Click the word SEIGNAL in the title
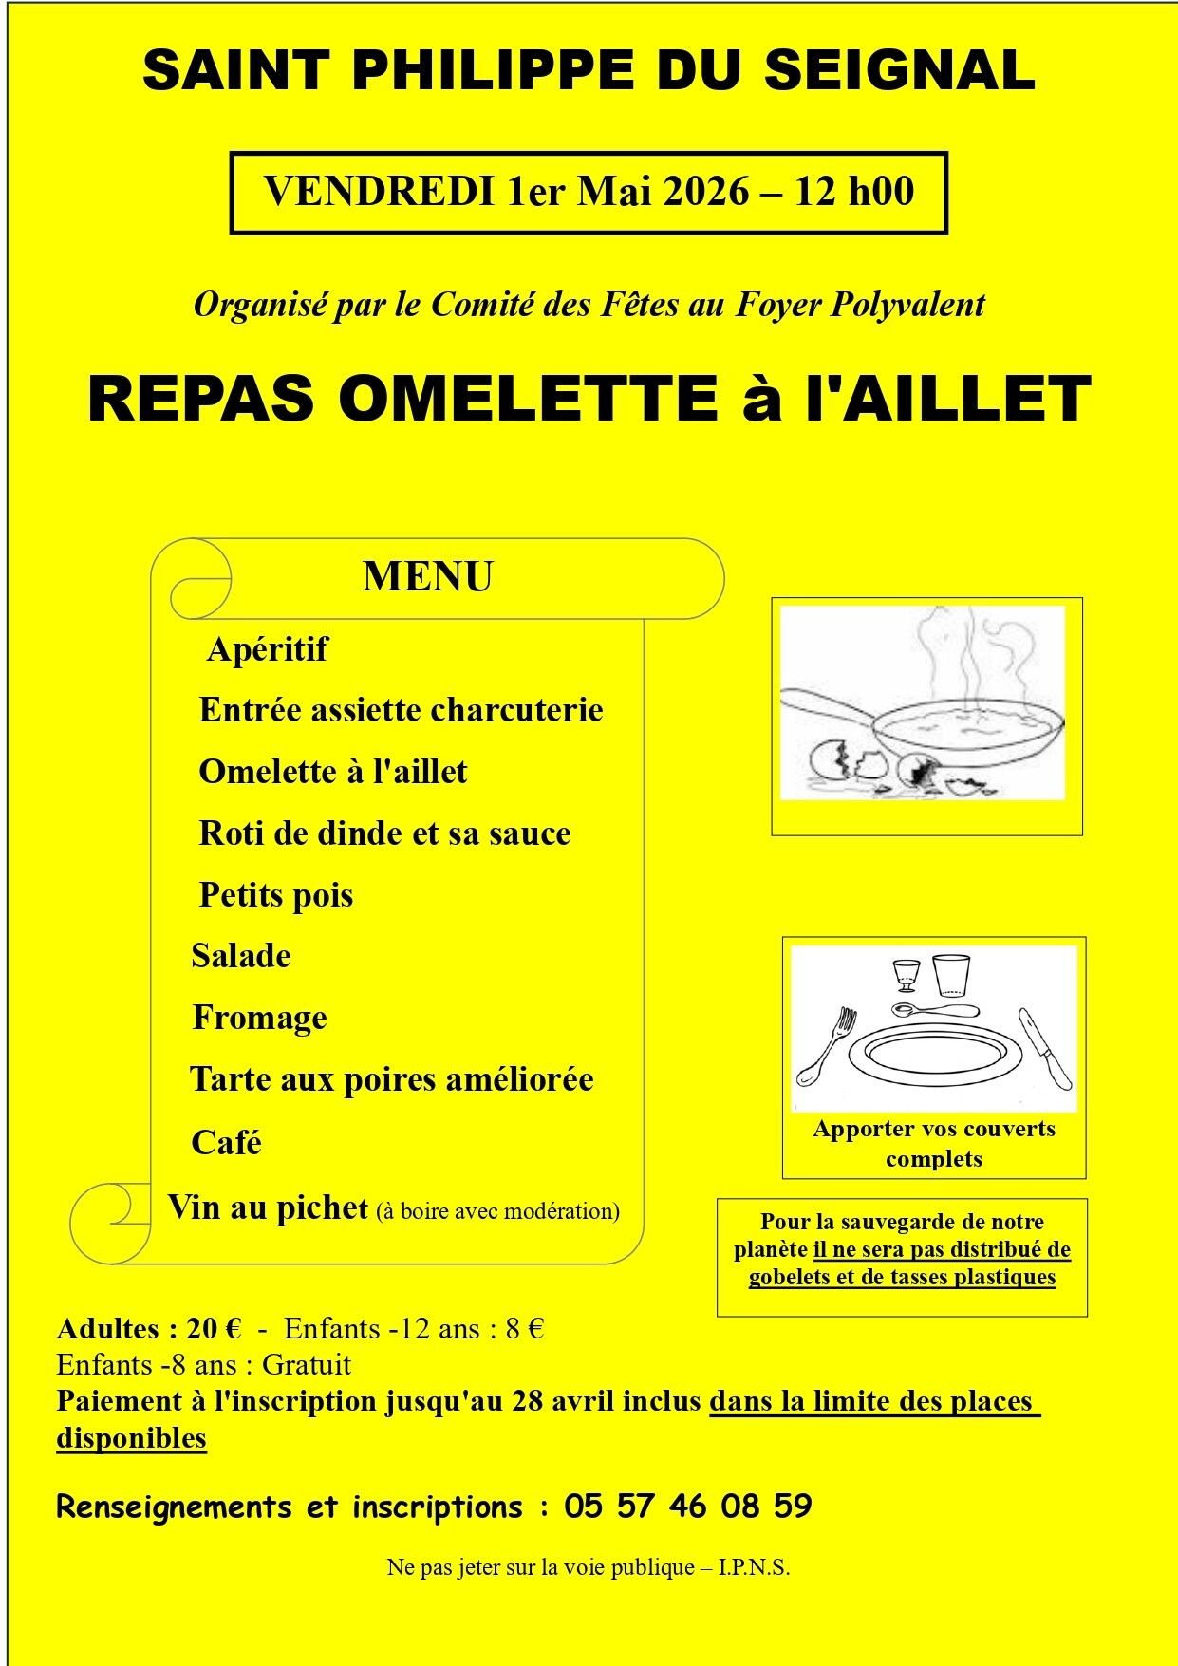[899, 71]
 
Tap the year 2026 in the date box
[706, 191]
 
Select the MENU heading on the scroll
[427, 577]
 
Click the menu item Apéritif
[267, 649]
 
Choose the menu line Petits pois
[275, 895]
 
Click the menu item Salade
[241, 956]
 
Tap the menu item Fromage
[259, 1018]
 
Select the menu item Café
[226, 1142]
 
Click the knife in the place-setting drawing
[1045, 1048]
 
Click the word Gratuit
[306, 1365]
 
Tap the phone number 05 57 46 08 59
[687, 1507]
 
